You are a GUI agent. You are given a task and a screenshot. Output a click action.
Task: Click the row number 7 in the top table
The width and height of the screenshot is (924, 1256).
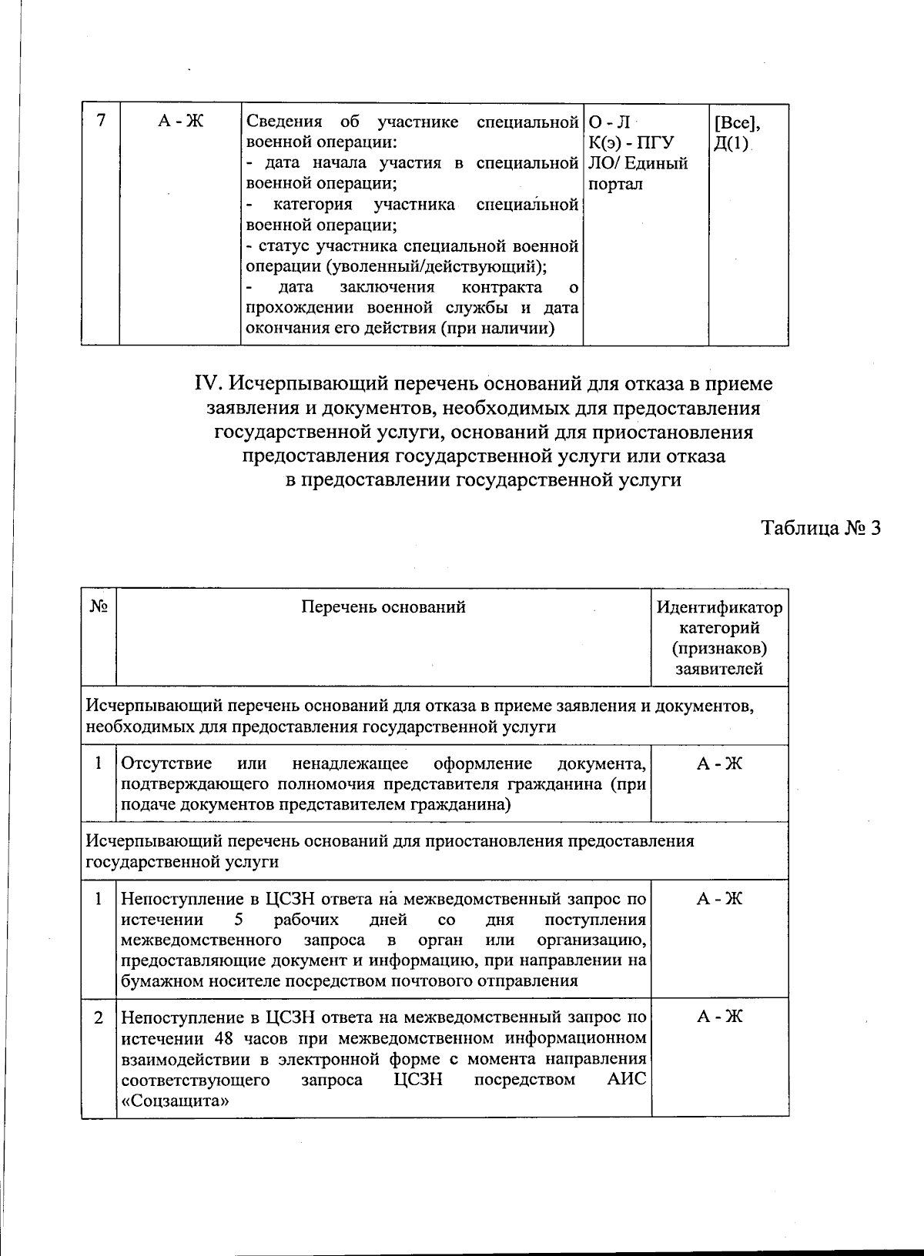tap(100, 121)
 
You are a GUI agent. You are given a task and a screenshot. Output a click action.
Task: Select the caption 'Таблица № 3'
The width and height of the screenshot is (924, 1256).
tap(820, 529)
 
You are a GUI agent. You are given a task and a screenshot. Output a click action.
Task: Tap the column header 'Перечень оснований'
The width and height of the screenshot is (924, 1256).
tap(383, 607)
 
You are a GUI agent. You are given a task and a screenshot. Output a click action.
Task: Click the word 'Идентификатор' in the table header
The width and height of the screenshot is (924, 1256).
tap(719, 608)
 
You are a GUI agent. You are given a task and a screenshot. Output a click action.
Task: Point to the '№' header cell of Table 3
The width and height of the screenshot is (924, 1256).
tap(98, 606)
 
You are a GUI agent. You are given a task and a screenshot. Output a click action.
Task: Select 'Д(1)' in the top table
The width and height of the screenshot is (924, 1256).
tap(731, 143)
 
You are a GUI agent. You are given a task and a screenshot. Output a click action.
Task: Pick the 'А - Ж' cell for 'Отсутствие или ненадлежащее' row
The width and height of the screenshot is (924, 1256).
tap(719, 763)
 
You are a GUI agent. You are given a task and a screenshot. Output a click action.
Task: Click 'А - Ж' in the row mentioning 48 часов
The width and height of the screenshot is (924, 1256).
tap(719, 1017)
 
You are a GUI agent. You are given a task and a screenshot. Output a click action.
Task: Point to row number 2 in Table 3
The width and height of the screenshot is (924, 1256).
tap(99, 1017)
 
